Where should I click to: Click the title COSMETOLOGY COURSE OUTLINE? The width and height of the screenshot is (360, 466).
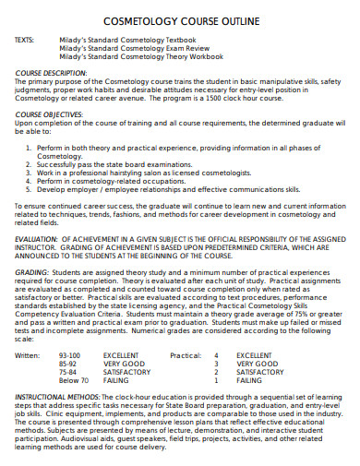tap(180, 21)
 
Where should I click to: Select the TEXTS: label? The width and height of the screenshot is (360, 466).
tap(28, 40)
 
